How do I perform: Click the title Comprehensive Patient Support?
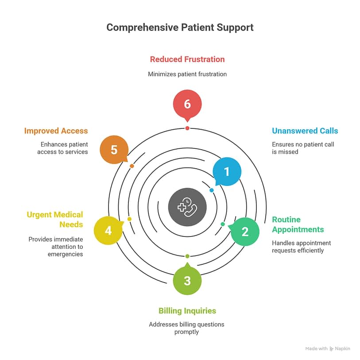coord(180,27)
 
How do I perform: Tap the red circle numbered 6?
coord(187,104)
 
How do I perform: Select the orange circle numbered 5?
coord(114,150)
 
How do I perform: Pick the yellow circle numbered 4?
coord(108,231)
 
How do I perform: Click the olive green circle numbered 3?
coord(187,281)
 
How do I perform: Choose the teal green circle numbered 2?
coord(245,231)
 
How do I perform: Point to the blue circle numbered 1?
coord(227,171)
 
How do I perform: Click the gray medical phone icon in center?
coord(187,207)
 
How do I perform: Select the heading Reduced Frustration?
coord(187,59)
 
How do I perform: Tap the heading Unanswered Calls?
coord(305,131)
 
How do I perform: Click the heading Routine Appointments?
coord(298,225)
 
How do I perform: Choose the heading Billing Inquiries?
coord(187,311)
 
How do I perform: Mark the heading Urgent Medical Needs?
coord(55,220)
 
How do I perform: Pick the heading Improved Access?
coord(56,131)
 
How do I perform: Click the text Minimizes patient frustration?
coord(187,74)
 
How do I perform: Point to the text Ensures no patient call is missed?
coord(303,148)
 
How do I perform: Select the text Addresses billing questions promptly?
coord(187,328)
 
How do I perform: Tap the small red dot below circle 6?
coord(187,128)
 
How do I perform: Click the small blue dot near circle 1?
coord(212,190)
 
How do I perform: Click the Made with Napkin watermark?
coord(327,348)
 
